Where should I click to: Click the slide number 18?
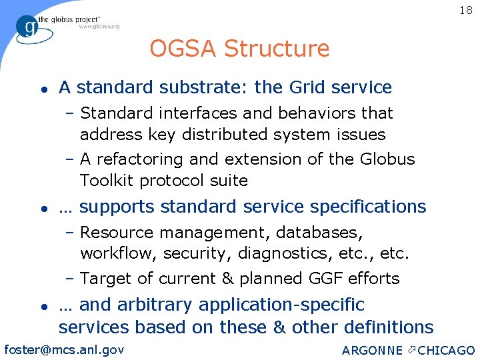pyautogui.click(x=465, y=10)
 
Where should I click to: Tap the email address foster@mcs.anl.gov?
pyautogui.click(x=64, y=348)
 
